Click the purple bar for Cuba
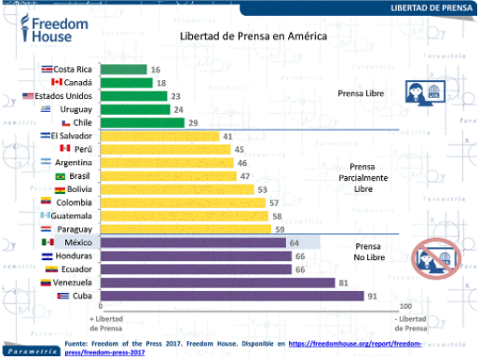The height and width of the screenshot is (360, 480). [x=232, y=296]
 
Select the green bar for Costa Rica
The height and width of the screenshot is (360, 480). [x=123, y=69]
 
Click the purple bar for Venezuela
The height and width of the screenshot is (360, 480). [x=218, y=283]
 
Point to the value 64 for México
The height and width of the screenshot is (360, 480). [x=293, y=242]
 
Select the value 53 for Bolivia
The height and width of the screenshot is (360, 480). [x=263, y=189]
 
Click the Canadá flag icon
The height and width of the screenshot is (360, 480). [x=56, y=82]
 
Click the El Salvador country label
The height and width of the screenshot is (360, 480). [x=75, y=136]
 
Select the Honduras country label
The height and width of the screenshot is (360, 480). [x=74, y=256]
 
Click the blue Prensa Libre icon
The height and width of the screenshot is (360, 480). [x=423, y=92]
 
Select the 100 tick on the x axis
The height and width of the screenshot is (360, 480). [x=405, y=306]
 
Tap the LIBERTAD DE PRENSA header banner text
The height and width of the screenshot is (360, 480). [x=428, y=7]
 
